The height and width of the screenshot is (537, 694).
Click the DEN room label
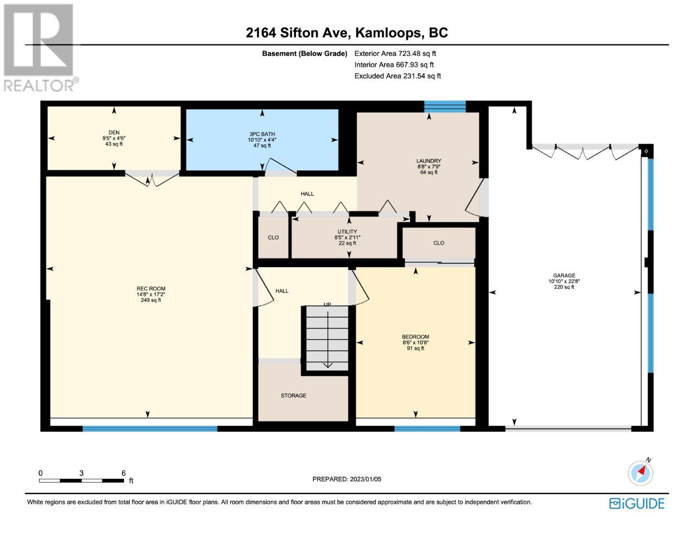click(x=114, y=132)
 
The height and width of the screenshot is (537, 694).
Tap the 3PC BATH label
click(x=262, y=134)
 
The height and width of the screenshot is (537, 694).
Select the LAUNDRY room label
click(x=429, y=161)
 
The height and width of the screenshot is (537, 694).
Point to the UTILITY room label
click(x=347, y=231)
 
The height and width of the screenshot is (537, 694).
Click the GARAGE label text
click(x=564, y=275)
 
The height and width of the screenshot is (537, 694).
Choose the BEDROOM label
click(x=415, y=337)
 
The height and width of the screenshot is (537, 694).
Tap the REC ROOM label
click(x=151, y=288)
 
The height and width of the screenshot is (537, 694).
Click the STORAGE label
click(x=293, y=396)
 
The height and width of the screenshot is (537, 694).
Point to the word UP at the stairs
click(x=327, y=305)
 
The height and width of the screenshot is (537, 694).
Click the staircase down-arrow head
click(x=327, y=365)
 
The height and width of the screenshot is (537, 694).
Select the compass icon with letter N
click(x=640, y=472)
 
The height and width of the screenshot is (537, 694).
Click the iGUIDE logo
click(x=637, y=504)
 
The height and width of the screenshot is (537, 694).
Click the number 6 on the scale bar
click(x=124, y=473)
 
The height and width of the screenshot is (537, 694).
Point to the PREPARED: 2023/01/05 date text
click(x=346, y=479)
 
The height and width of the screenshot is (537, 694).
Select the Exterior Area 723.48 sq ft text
click(x=395, y=53)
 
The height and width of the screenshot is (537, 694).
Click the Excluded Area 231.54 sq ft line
click(x=397, y=76)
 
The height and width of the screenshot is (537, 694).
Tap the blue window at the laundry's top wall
click(x=445, y=106)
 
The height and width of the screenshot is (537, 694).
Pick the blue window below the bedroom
click(x=427, y=429)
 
